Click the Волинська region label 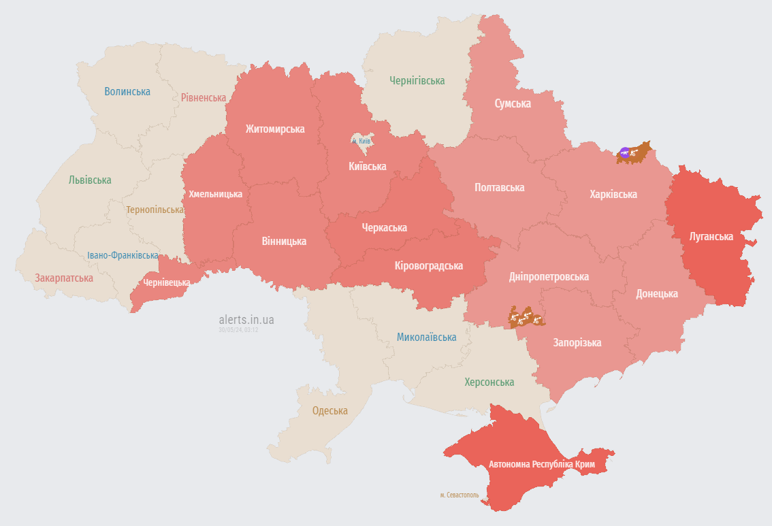pyautogui.click(x=127, y=91)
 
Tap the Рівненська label pyautogui.click(x=204, y=97)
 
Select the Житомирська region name pyautogui.click(x=275, y=129)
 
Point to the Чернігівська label pyautogui.click(x=417, y=80)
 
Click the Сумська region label pyautogui.click(x=512, y=103)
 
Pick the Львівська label pyautogui.click(x=90, y=180)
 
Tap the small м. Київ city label pyautogui.click(x=361, y=141)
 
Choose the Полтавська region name pyautogui.click(x=499, y=187)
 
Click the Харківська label pyautogui.click(x=613, y=194)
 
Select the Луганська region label pyautogui.click(x=711, y=236)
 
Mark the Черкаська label pyautogui.click(x=384, y=227)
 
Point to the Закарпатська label pyautogui.click(x=64, y=278)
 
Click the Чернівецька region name pyautogui.click(x=167, y=282)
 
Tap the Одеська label pyautogui.click(x=329, y=410)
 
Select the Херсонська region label pyautogui.click(x=489, y=382)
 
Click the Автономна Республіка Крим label pyautogui.click(x=542, y=464)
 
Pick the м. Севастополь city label pyautogui.click(x=460, y=495)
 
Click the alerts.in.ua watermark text pyautogui.click(x=246, y=319)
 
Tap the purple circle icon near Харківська pyautogui.click(x=625, y=152)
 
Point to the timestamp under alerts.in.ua pyautogui.click(x=238, y=329)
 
